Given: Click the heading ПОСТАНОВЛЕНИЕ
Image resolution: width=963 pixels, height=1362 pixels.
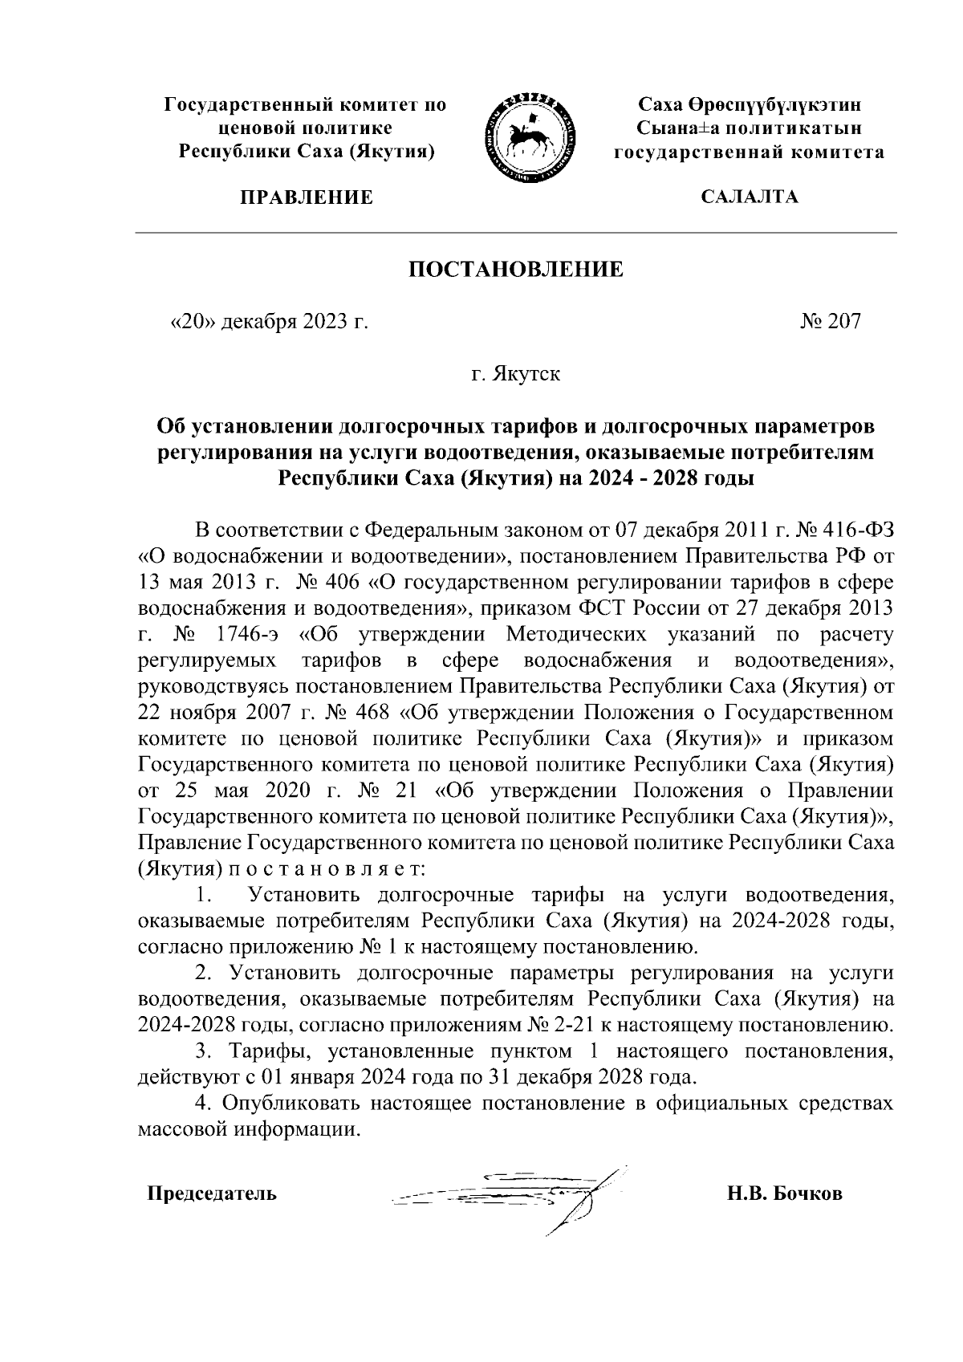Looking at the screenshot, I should point(516,270).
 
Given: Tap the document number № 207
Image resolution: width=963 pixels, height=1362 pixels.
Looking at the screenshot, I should point(830,322).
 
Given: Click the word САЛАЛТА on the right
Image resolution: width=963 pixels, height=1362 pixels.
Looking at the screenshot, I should point(750,197).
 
